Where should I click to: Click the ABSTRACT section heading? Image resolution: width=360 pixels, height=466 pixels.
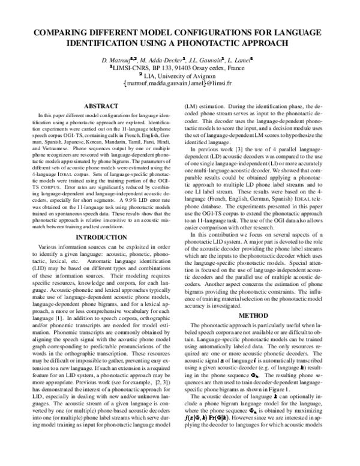pos(101,106)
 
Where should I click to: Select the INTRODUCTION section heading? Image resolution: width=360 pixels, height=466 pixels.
pos(101,220)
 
